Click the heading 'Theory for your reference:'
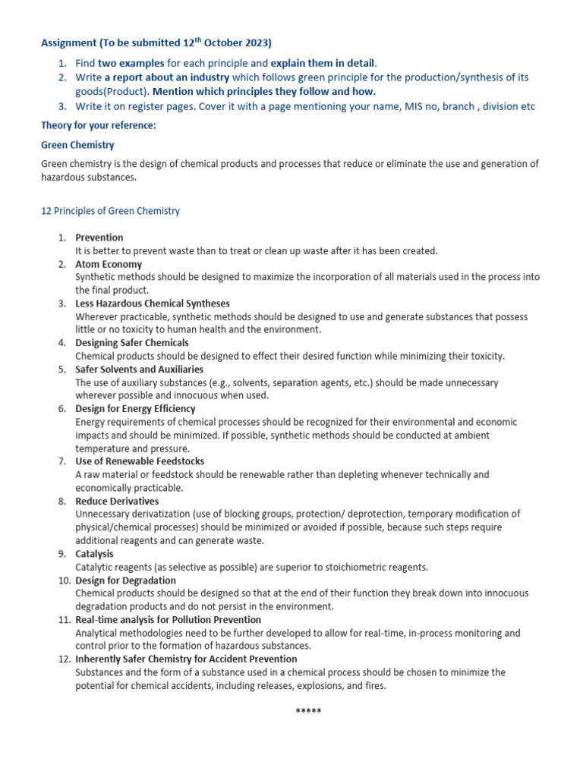[x=97, y=125]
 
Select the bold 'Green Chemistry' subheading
[x=77, y=144]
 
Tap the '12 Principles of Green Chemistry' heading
[x=110, y=211]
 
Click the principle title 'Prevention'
[x=99, y=238]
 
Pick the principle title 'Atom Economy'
[x=109, y=264]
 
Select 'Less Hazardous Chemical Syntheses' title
[x=152, y=304]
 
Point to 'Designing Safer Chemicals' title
[x=132, y=343]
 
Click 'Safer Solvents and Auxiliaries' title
[x=139, y=370]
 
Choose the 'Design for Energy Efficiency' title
[x=135, y=409]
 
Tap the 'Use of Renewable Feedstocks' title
[x=140, y=461]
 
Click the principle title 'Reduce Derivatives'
[x=117, y=501]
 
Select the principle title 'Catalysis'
[x=94, y=554]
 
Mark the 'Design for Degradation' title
[x=125, y=580]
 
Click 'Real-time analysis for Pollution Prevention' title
[x=169, y=620]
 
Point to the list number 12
[x=62, y=659]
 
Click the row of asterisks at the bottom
[x=308, y=711]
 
